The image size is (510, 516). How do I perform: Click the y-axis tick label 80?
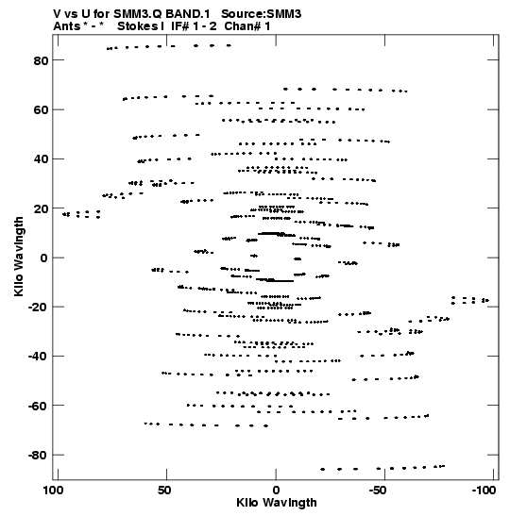click(41, 60)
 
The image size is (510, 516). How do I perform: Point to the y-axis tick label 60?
click(41, 110)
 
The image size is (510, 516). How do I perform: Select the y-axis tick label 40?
click(41, 159)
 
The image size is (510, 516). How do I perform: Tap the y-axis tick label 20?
click(41, 208)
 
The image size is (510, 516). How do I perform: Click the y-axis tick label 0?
click(44, 258)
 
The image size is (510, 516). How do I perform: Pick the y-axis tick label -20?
click(38, 307)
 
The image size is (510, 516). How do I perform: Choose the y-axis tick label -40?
click(38, 357)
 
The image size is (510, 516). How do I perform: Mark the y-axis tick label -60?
click(38, 406)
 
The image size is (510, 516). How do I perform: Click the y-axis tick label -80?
click(38, 455)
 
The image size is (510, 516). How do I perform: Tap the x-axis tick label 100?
click(54, 491)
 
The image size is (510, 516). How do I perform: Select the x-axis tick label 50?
click(164, 491)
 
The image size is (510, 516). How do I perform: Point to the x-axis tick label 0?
click(276, 491)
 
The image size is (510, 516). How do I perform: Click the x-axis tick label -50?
click(378, 491)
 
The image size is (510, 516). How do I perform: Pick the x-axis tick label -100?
click(484, 491)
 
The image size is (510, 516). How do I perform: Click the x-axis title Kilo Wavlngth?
click(277, 503)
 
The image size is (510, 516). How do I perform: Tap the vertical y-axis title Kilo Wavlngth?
click(19, 257)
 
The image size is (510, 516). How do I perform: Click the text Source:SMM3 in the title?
click(262, 14)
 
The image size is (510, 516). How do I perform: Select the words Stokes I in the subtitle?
click(141, 26)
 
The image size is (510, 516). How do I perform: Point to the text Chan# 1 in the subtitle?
click(247, 26)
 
